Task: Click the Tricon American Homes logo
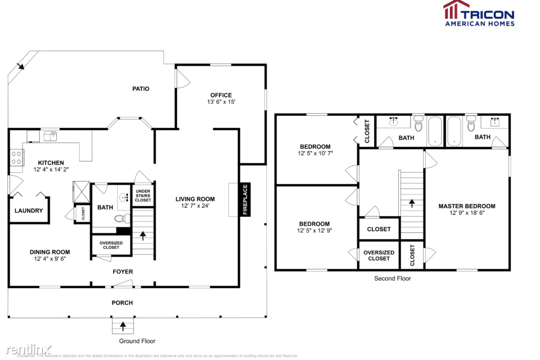point(479,13)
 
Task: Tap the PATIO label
point(141,88)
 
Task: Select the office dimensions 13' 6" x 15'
point(220,102)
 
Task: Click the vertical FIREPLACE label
point(245,200)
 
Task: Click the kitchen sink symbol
point(50,135)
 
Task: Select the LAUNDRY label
point(29,211)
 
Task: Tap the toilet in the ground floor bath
point(120,219)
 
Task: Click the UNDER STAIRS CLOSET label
point(143,196)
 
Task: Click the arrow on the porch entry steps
point(123,326)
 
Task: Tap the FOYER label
point(123,272)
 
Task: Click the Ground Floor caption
point(137,341)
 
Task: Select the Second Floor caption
point(393,278)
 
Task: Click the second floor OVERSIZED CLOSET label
point(379,255)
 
